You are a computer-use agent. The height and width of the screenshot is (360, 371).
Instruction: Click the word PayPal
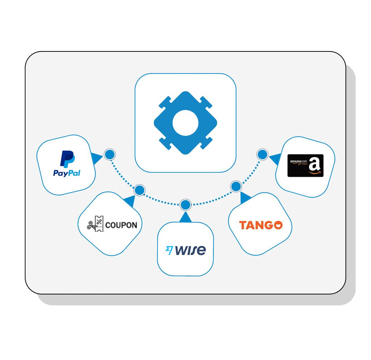[67, 173]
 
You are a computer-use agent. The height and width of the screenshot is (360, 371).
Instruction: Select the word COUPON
[121, 225]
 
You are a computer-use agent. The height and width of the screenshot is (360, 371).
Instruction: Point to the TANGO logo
[260, 225]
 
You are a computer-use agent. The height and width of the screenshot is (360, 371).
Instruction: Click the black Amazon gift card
[305, 166]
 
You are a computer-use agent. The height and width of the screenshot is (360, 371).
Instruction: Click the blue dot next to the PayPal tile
[109, 155]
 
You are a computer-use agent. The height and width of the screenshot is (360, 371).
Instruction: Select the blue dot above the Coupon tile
[139, 190]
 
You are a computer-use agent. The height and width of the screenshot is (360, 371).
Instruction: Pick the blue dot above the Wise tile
[185, 205]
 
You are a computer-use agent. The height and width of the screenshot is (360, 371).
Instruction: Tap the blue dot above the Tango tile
[236, 187]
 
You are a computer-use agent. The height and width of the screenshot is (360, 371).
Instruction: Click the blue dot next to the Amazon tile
[262, 155]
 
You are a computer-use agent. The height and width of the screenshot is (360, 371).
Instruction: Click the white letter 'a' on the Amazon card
[315, 165]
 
